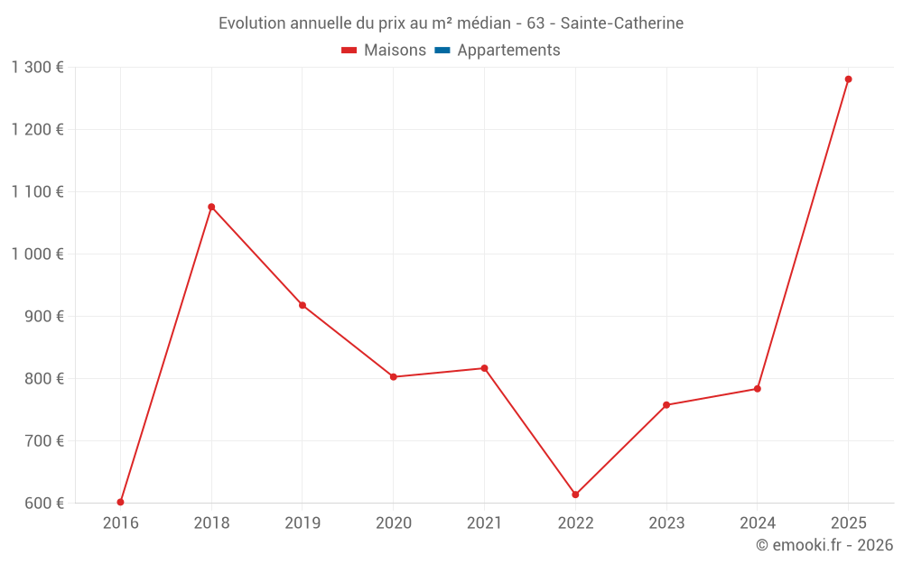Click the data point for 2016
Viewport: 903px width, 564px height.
120,502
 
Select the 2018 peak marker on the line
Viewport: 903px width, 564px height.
211,207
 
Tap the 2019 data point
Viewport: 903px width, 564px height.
303,305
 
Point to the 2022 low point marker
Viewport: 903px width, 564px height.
575,495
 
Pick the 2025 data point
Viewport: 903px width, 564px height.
848,79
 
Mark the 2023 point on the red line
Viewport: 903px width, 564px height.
666,404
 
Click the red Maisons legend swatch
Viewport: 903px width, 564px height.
349,51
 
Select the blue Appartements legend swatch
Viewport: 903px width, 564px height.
442,51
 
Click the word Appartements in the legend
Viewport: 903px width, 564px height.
508,50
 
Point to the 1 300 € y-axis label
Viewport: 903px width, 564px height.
37,68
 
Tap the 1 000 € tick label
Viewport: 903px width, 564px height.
37,254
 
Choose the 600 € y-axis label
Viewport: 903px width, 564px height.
43,503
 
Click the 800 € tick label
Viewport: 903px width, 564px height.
43,379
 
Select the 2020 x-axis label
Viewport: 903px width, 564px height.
394,522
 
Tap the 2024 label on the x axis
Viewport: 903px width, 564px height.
758,522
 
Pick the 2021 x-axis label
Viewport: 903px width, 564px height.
484,522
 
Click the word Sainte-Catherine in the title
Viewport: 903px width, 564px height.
622,23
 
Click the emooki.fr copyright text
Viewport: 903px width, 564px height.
824,544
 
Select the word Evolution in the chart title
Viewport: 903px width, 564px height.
252,23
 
